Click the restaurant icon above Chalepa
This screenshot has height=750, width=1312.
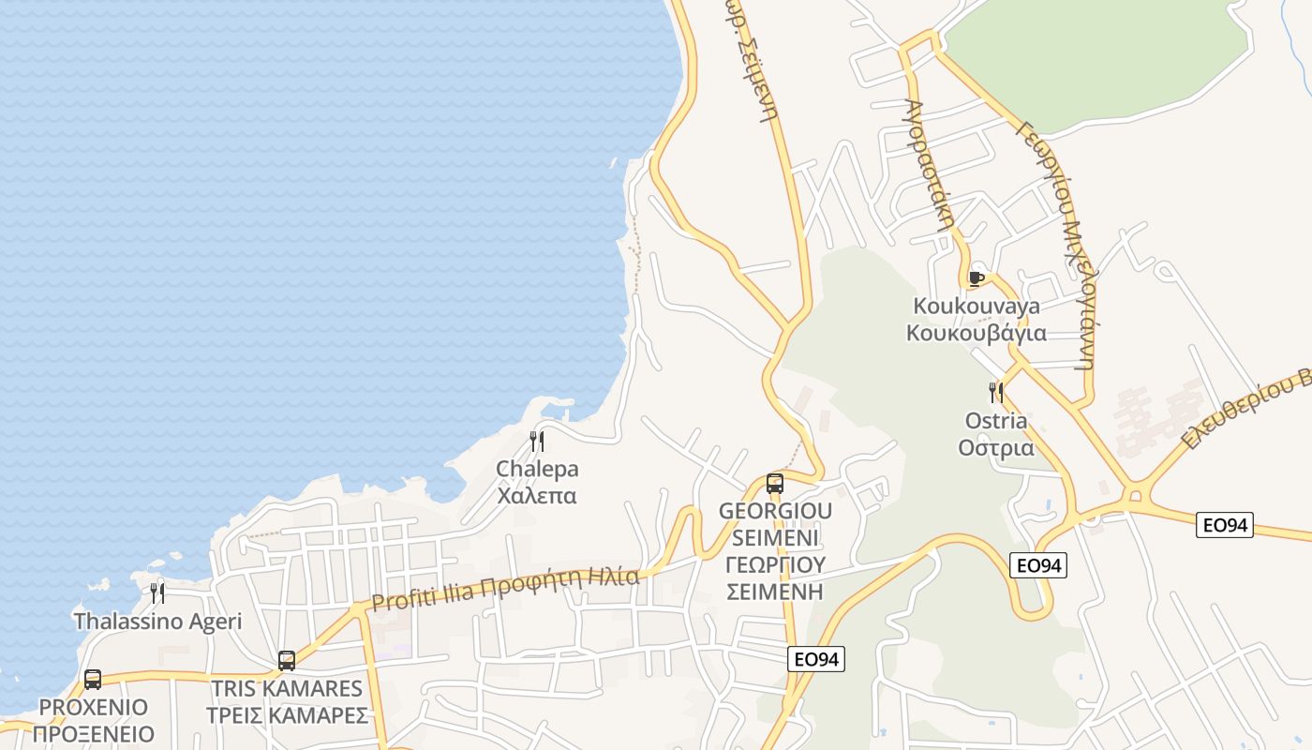(537, 441)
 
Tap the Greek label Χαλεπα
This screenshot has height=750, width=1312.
(537, 495)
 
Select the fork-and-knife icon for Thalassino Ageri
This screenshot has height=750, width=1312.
(157, 592)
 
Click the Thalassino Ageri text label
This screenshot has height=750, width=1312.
(157, 621)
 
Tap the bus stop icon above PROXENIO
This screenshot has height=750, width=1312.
(92, 680)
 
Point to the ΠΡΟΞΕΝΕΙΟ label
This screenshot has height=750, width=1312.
(93, 734)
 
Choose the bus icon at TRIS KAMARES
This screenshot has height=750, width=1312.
(287, 660)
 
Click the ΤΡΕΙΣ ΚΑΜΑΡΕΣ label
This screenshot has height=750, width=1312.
(287, 715)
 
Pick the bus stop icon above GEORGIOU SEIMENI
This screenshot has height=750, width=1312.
(775, 484)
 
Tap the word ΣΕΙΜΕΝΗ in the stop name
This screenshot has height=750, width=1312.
(774, 592)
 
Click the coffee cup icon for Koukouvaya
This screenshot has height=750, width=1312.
(976, 278)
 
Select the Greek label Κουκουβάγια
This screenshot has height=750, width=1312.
(977, 333)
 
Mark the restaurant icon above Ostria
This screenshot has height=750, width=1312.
(995, 392)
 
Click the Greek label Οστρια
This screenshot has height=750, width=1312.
(996, 447)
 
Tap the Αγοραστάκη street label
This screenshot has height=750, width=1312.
(932, 165)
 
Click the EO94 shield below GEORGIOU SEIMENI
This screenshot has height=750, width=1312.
(815, 659)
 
